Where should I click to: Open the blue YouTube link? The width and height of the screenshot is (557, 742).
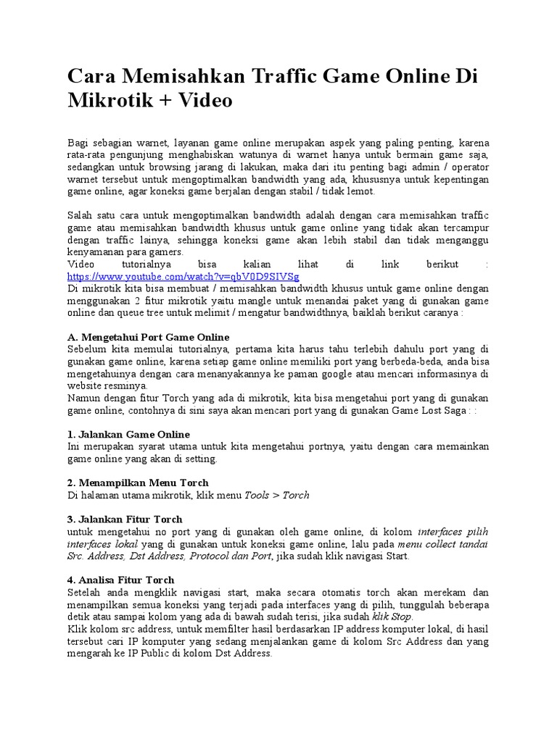[x=183, y=277]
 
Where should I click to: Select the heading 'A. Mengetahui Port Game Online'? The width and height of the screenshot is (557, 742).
[x=148, y=337]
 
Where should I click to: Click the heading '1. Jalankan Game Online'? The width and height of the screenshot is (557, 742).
[x=128, y=434]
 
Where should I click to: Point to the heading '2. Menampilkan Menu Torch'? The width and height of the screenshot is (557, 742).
[x=138, y=483]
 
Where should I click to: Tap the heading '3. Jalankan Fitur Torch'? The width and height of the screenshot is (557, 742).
[x=125, y=520]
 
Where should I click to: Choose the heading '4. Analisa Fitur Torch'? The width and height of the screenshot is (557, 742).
[x=121, y=580]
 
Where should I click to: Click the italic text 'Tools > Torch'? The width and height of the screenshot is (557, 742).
[x=277, y=495]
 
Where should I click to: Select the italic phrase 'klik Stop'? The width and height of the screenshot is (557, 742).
[x=392, y=617]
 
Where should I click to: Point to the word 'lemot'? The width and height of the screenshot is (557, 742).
[x=361, y=191]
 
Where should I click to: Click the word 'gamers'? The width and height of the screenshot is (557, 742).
[x=165, y=252]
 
